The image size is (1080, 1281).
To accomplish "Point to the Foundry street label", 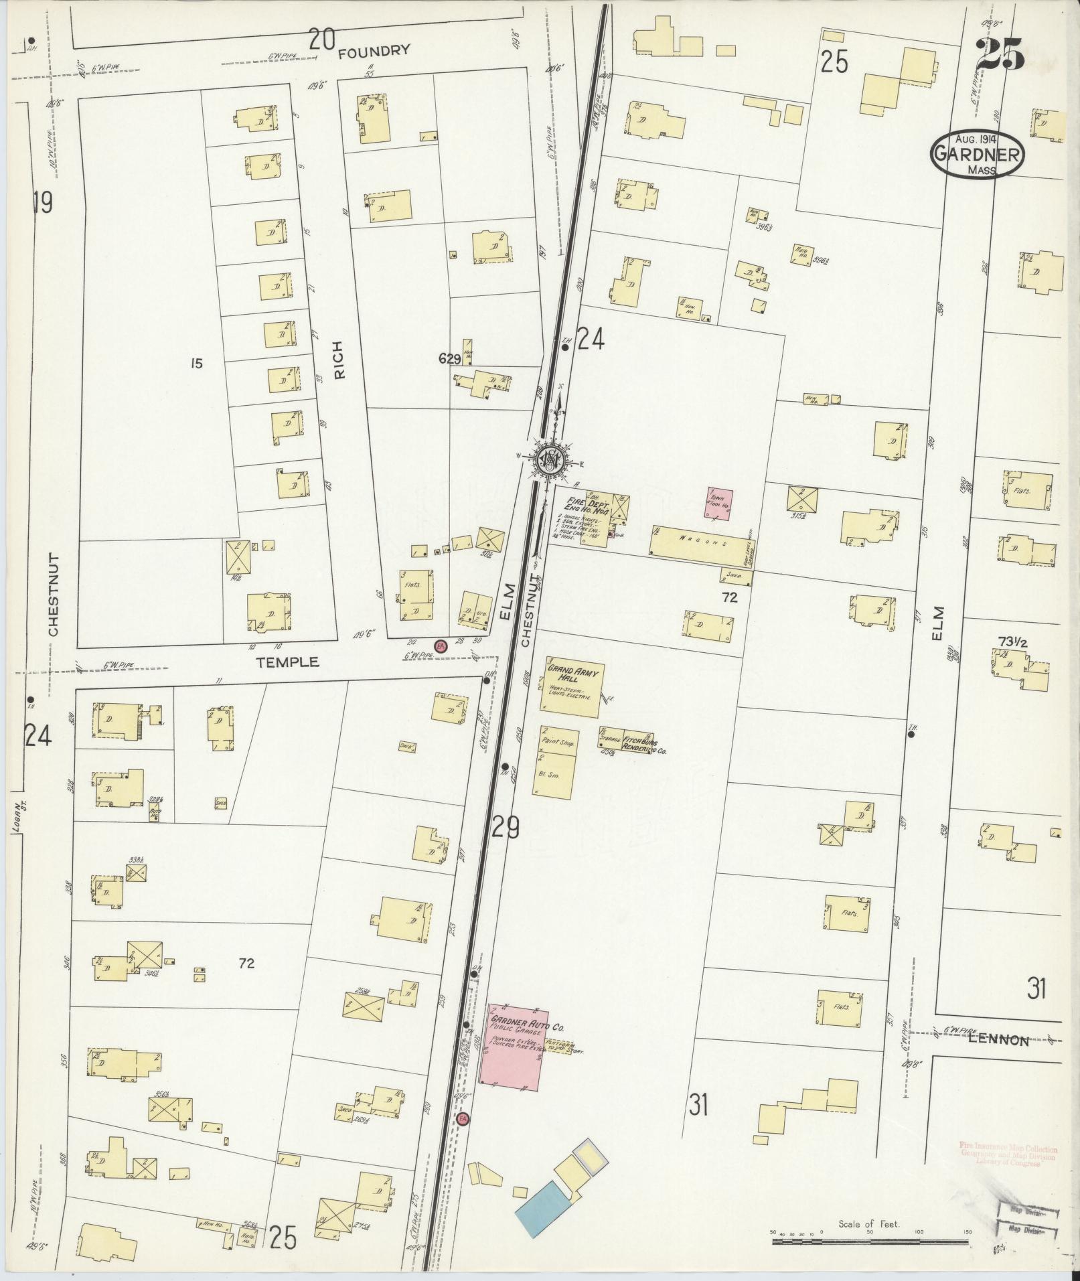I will (x=374, y=52).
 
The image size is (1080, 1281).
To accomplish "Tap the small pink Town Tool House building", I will (x=718, y=503).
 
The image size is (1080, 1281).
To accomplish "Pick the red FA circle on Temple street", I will (x=441, y=646).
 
